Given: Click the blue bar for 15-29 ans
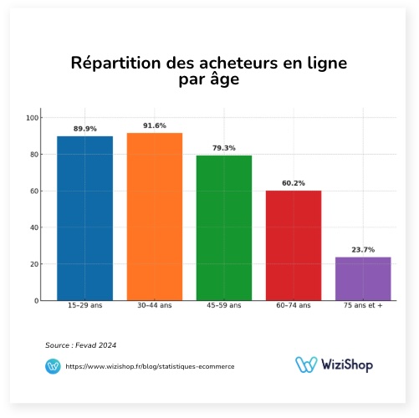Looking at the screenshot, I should [x=84, y=218].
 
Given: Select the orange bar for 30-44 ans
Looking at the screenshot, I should [x=154, y=217].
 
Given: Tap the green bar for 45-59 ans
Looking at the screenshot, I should [x=224, y=227].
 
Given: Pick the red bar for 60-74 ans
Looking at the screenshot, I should [x=294, y=245].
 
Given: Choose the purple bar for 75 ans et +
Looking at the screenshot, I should [x=363, y=278].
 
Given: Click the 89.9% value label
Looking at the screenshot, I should [x=84, y=129].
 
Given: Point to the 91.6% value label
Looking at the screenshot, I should [x=154, y=125].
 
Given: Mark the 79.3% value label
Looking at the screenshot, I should [x=224, y=148].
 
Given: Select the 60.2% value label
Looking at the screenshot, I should [x=294, y=183].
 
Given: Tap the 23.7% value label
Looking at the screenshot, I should [x=363, y=250].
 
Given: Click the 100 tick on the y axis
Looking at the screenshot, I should [x=32, y=118].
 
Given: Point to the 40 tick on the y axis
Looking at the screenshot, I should [x=33, y=227].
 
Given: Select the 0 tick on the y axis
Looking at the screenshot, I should [x=35, y=300].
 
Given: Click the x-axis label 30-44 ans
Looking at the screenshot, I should [x=154, y=307].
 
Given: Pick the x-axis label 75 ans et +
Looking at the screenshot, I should [x=363, y=307].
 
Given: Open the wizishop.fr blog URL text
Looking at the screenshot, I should [x=150, y=366].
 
